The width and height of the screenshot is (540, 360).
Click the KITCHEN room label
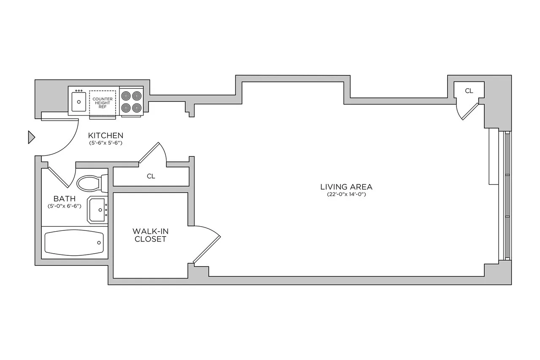click(x=105, y=135)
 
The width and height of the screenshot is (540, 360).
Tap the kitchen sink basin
click(x=79, y=102)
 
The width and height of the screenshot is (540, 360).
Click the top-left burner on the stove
click(x=126, y=96)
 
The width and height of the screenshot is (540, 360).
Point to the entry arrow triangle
click(x=31, y=137)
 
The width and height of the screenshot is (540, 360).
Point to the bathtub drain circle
click(x=99, y=243)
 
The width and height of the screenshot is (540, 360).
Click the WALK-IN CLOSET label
click(x=149, y=235)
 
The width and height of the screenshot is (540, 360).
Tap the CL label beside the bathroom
click(x=151, y=176)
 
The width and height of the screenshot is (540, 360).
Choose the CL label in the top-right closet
click(x=469, y=91)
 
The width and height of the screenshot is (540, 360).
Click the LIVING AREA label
click(x=346, y=187)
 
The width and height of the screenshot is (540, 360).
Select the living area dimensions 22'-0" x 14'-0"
click(x=346, y=195)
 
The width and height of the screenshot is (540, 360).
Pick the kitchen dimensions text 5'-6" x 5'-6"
click(x=105, y=143)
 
